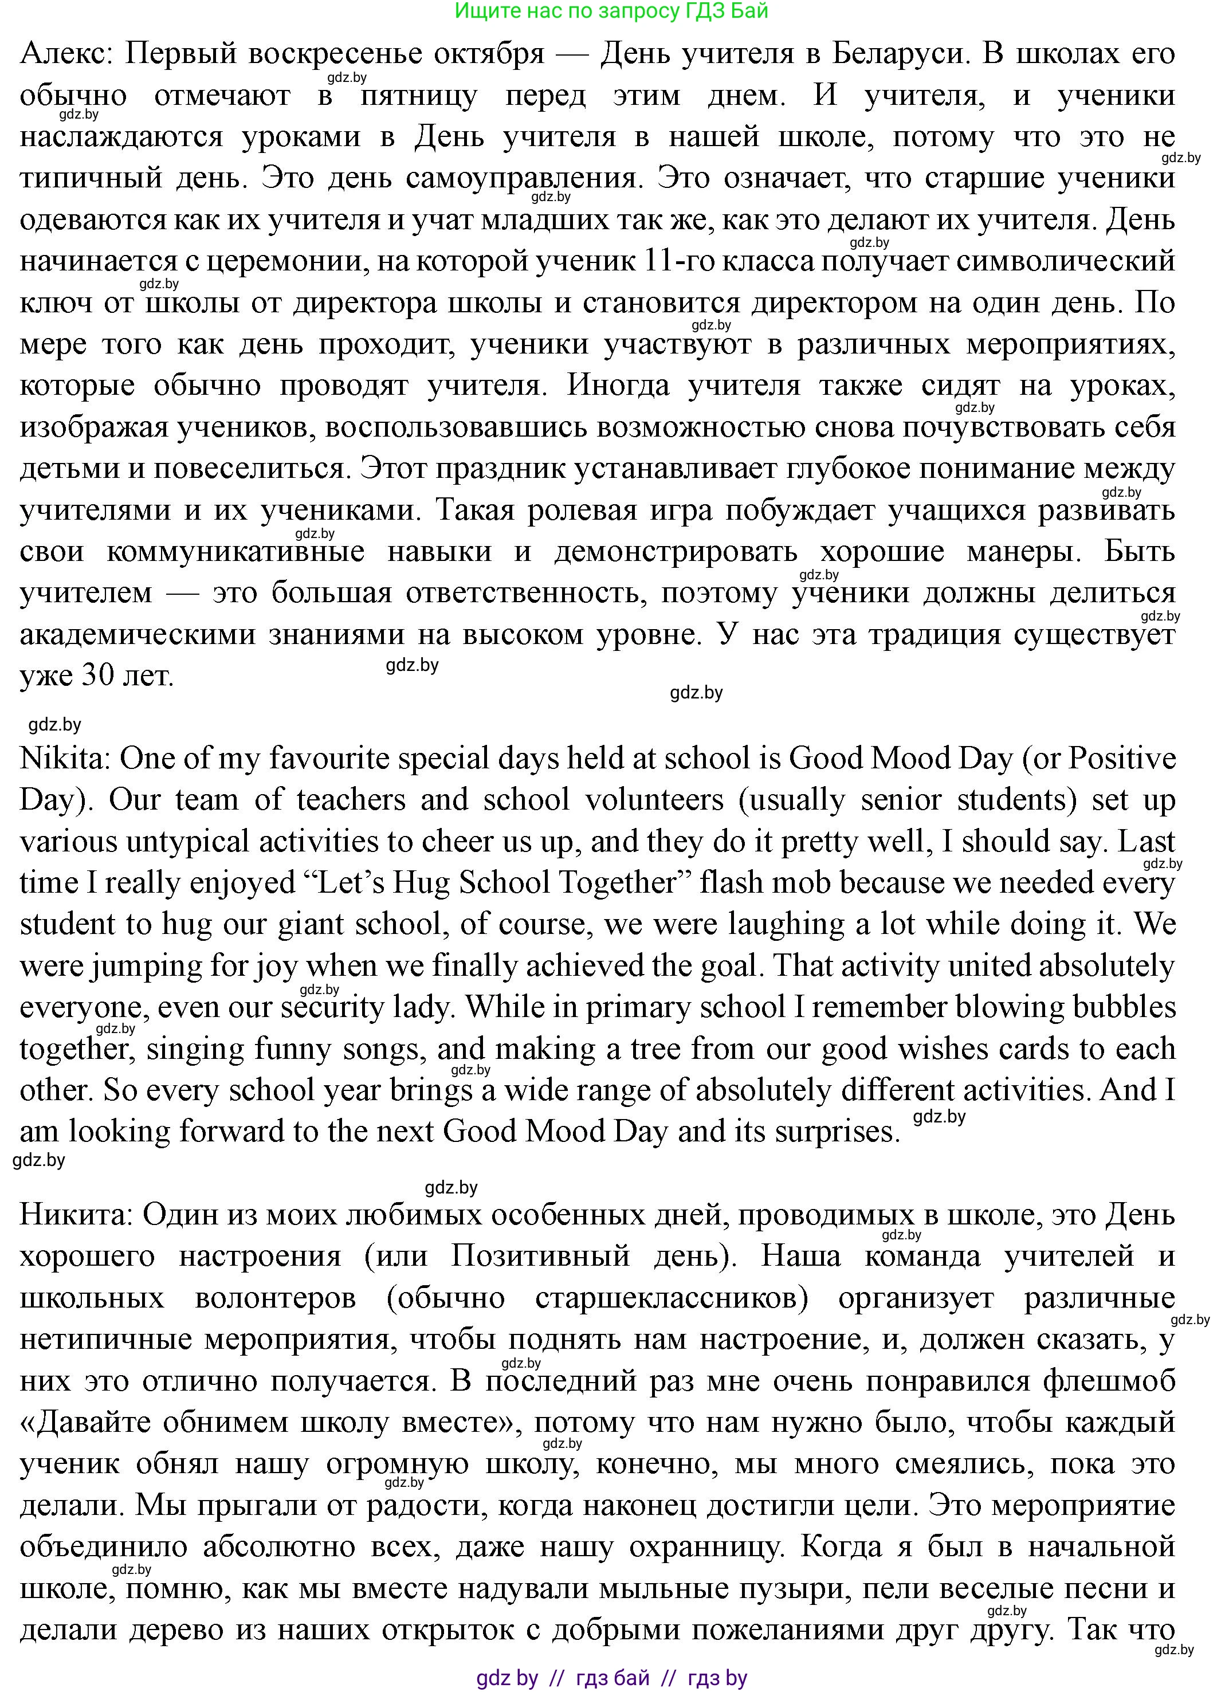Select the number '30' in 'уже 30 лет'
click(x=98, y=676)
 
